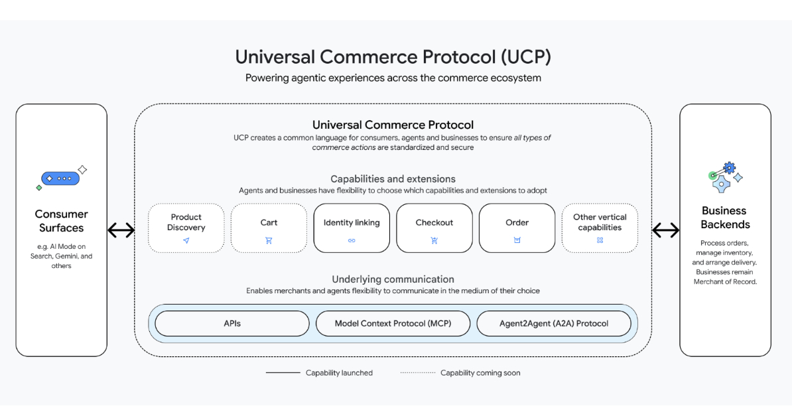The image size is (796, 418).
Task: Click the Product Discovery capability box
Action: (x=186, y=228)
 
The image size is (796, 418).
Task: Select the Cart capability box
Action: (x=269, y=228)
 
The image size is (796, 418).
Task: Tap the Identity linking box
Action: (x=352, y=228)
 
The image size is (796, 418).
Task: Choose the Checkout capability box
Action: (x=434, y=228)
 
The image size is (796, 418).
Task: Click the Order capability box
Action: (x=517, y=228)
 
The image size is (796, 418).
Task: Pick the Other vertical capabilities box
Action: (x=600, y=228)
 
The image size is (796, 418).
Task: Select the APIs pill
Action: (x=232, y=324)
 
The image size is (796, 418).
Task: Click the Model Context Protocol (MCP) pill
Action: (x=393, y=324)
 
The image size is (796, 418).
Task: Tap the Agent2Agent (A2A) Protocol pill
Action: (x=554, y=324)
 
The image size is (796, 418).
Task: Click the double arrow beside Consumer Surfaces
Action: (x=121, y=230)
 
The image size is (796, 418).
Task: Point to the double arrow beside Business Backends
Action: (x=666, y=230)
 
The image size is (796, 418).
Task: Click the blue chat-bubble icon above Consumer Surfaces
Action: (x=60, y=178)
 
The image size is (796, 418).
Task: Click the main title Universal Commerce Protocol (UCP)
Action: (x=393, y=57)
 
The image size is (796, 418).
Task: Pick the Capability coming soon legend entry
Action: (x=460, y=373)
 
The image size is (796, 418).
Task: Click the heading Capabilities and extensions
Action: (x=393, y=179)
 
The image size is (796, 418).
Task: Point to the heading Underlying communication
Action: (x=393, y=279)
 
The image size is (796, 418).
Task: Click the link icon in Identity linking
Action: (x=352, y=240)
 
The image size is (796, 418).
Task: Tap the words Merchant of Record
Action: (x=725, y=281)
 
